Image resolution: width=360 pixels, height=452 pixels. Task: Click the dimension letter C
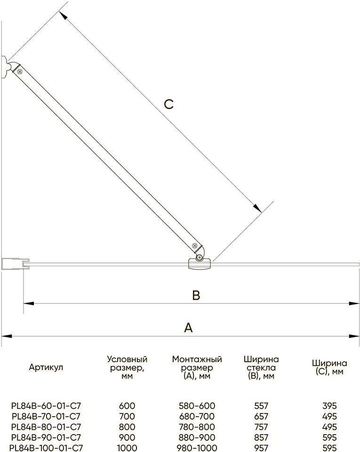169,104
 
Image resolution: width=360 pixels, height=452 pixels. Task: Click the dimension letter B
196,295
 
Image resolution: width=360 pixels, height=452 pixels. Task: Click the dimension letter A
188,328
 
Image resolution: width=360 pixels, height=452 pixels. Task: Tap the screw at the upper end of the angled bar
20,71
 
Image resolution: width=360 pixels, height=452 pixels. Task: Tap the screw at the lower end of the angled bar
195,246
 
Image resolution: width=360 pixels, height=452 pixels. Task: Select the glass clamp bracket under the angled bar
200,264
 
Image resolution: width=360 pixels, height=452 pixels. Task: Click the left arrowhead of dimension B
29,303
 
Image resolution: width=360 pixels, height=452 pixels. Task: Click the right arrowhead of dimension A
354,336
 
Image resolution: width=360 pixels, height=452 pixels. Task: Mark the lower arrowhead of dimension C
257,208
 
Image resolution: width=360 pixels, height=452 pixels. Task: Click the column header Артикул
46,367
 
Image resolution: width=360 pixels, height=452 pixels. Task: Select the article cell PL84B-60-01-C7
46,405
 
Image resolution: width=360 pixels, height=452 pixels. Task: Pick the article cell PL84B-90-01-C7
46,437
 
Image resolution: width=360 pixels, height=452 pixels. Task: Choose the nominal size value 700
127,416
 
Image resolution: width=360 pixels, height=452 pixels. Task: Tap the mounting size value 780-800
197,427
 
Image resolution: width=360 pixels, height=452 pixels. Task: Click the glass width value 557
261,405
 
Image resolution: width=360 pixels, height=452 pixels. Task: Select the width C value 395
329,405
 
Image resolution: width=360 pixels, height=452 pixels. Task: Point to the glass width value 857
261,437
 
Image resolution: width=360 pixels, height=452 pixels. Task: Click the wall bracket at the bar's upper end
8,67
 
